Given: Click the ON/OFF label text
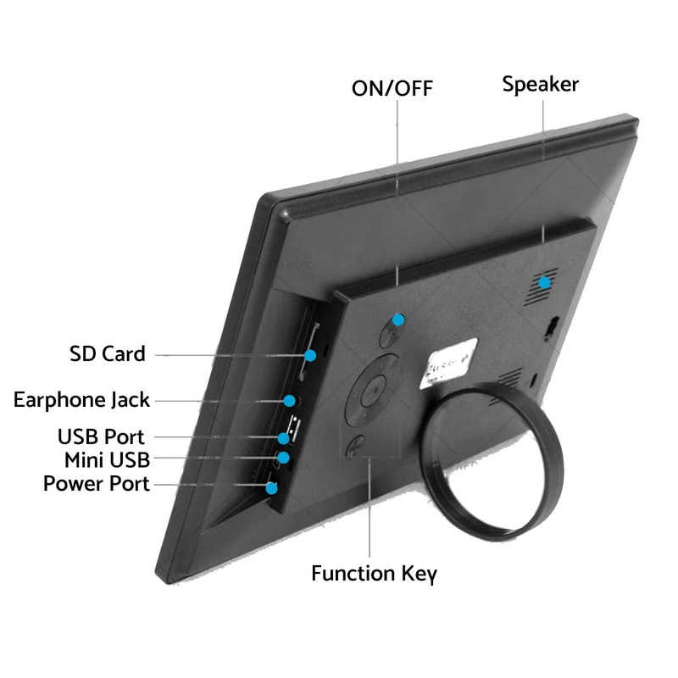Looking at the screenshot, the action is [392, 88].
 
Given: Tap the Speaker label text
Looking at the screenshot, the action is [541, 84].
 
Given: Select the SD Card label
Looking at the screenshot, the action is [108, 353].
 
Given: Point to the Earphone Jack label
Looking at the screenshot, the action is [81, 400].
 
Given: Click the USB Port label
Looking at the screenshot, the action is [101, 436].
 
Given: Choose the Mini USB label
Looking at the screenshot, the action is [108, 460].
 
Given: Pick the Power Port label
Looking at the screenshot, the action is [97, 483].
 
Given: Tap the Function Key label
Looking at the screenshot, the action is [374, 574].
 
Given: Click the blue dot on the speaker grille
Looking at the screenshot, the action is [544, 283].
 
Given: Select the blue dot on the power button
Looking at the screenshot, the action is [398, 320].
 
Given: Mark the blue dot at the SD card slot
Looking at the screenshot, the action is [310, 355].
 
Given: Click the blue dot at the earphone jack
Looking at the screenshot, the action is [289, 401].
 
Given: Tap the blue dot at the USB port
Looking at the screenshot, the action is [283, 438].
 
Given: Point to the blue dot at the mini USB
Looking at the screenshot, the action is [283, 458].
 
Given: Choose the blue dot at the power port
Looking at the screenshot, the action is [271, 489].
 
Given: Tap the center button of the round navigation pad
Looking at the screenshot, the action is [373, 391].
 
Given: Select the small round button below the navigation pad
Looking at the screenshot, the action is [355, 446].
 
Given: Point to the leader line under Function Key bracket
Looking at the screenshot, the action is [370, 508].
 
